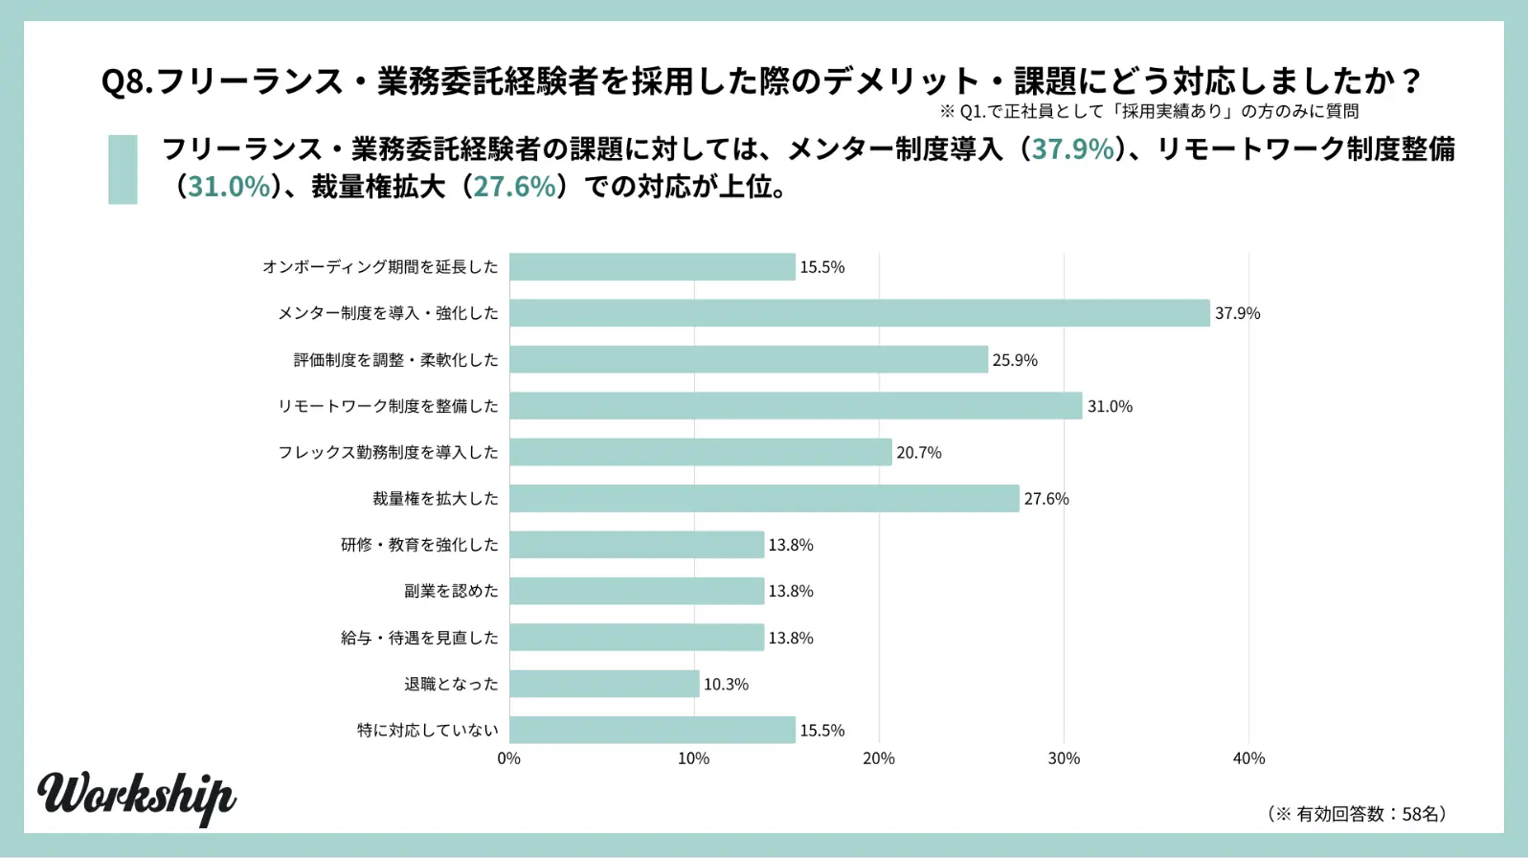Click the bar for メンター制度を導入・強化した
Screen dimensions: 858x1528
pos(859,313)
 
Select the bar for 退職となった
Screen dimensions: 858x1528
pos(604,684)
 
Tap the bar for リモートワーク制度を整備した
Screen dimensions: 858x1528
pos(796,406)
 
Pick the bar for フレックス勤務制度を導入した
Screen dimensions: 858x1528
pos(700,452)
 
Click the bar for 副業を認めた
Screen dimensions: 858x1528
pos(637,591)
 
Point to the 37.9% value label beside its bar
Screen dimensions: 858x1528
pos(1237,313)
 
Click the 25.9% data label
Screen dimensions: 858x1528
pos(1015,360)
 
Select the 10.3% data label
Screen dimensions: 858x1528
pos(726,685)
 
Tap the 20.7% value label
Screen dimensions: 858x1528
pos(918,453)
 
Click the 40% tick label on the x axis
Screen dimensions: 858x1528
pos(1248,758)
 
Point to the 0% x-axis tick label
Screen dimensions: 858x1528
pos(509,758)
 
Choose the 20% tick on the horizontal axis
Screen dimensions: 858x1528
pos(879,758)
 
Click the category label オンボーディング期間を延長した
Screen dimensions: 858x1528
pos(380,267)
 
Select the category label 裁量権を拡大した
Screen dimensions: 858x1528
pos(435,499)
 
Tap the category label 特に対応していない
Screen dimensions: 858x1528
pos(427,731)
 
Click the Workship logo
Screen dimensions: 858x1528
pos(137,797)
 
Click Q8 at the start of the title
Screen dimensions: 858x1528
pos(124,81)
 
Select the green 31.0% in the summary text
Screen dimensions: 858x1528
pos(229,186)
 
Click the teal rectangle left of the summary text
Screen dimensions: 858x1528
pos(123,169)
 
